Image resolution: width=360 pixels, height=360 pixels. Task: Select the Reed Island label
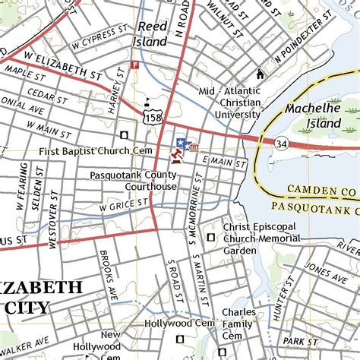(153, 35)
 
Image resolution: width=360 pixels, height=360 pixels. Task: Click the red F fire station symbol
(135, 65)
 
